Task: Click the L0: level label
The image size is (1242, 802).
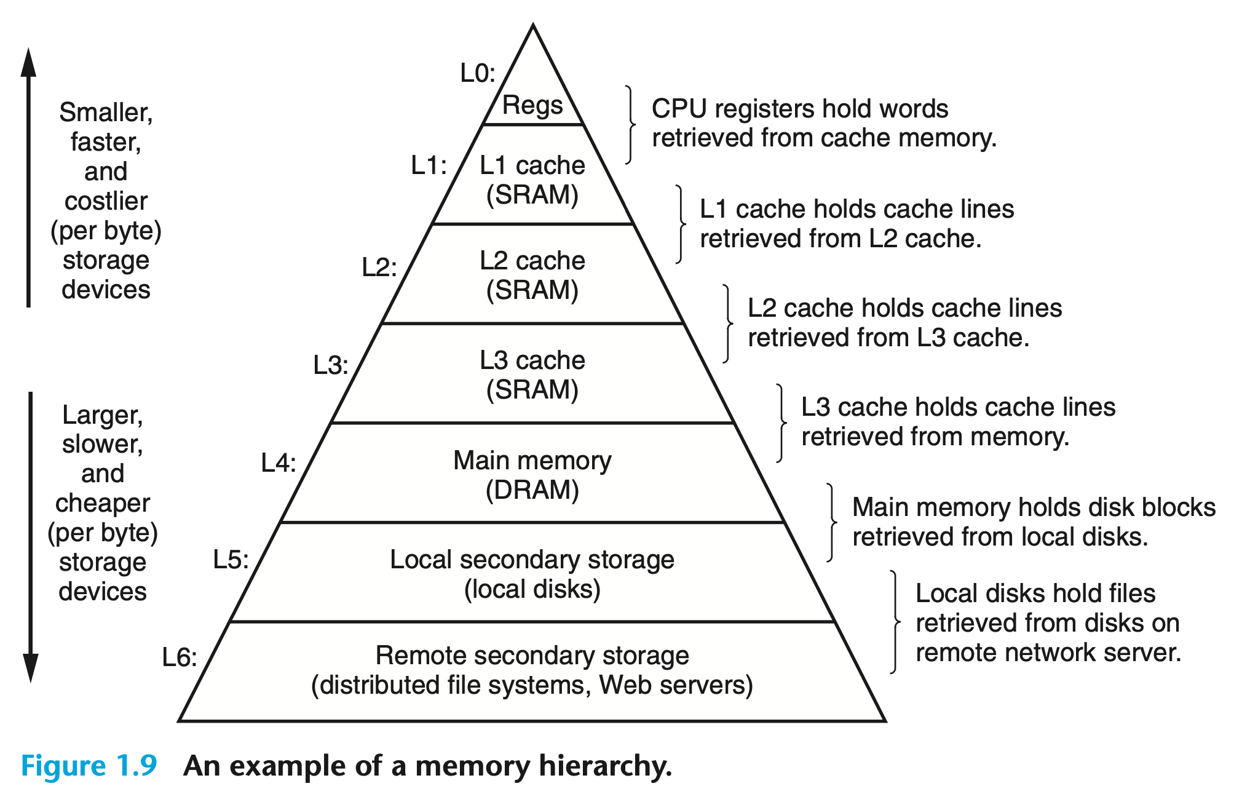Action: point(478,73)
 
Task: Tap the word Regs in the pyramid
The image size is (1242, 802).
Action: point(532,105)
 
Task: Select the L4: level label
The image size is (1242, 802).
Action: point(279,463)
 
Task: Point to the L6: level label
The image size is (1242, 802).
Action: point(180,657)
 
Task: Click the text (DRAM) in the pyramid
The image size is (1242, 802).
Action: point(532,490)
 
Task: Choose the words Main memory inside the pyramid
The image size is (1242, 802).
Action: point(532,461)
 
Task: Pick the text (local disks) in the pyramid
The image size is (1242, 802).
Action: point(532,589)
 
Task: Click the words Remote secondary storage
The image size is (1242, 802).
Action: point(532,656)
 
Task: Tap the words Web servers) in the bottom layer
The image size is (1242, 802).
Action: point(676,685)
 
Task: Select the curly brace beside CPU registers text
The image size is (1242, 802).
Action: point(630,125)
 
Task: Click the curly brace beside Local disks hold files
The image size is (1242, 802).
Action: point(895,622)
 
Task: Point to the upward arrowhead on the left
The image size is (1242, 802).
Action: point(28,62)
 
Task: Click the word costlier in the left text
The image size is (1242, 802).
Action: point(106,201)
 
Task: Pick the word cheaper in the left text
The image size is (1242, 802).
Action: point(103,503)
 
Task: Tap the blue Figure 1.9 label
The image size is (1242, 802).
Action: point(89,766)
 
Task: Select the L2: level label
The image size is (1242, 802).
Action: point(379,268)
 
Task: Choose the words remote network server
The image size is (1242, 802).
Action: point(1048,653)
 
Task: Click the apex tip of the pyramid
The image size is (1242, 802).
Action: point(533,26)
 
